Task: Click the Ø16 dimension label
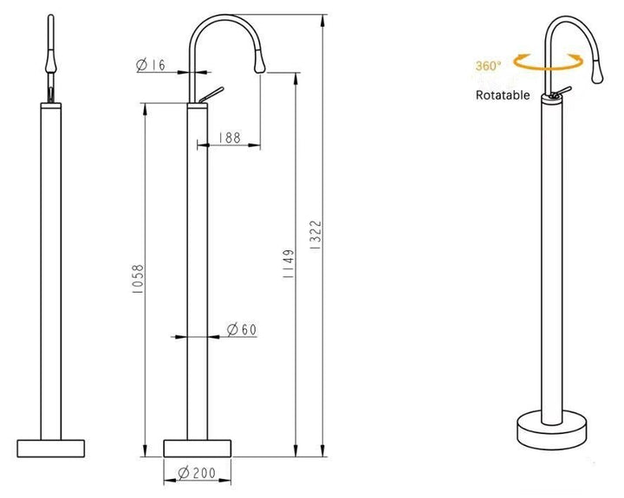tap(151, 65)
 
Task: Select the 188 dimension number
tap(230, 138)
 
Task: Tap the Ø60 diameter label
tap(242, 329)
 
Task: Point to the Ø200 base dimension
tap(197, 473)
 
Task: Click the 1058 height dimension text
tap(138, 279)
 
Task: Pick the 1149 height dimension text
tap(289, 263)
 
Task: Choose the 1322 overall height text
tap(315, 235)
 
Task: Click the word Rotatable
tap(503, 95)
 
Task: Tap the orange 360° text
tap(488, 66)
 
